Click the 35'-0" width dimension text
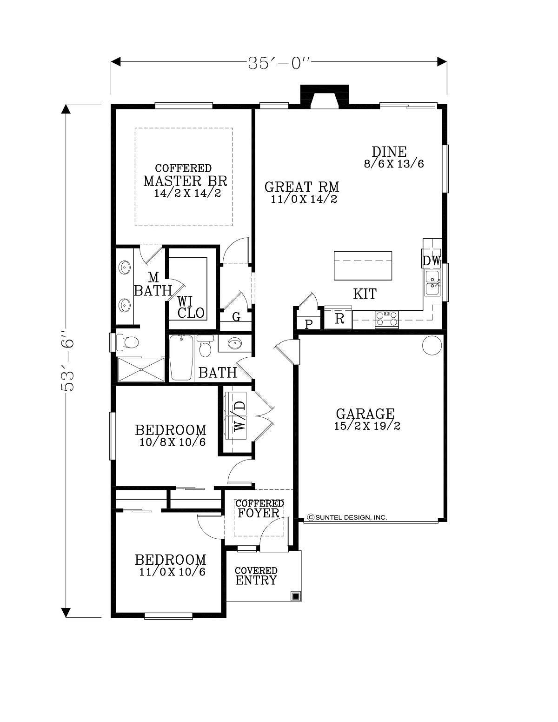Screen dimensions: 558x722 pos(279,63)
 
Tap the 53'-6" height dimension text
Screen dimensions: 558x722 pos(67,360)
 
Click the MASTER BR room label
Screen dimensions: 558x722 pos(185,181)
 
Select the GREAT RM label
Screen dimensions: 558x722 pos(302,187)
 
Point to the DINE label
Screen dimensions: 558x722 pos(389,152)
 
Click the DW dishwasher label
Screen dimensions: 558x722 pos(432,261)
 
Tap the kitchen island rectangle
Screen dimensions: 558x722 pos(363,266)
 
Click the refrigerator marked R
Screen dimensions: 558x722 pos(338,318)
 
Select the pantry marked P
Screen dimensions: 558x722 pos(309,323)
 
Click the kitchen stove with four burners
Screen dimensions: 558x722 pos(386,319)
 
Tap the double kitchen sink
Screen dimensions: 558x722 pos(432,282)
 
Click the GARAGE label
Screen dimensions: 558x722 pos(365,414)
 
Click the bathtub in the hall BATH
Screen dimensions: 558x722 pos(181,358)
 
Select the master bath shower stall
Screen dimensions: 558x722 pos(141,369)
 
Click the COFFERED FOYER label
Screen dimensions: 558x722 pos(259,508)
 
